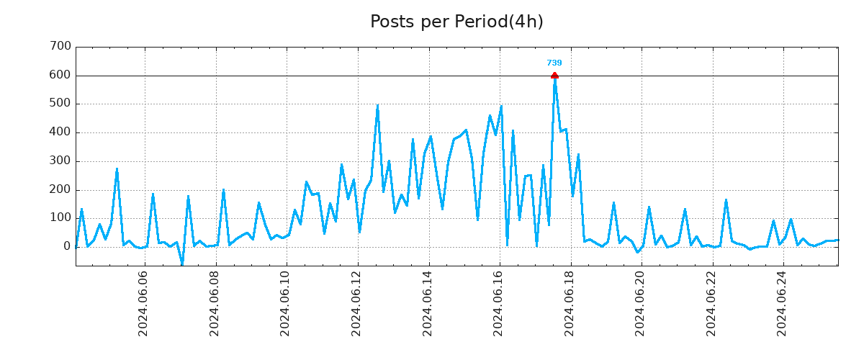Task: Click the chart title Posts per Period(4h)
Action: [x=456, y=22]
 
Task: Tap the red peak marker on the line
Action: [x=554, y=75]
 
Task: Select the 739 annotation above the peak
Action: [x=554, y=63]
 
